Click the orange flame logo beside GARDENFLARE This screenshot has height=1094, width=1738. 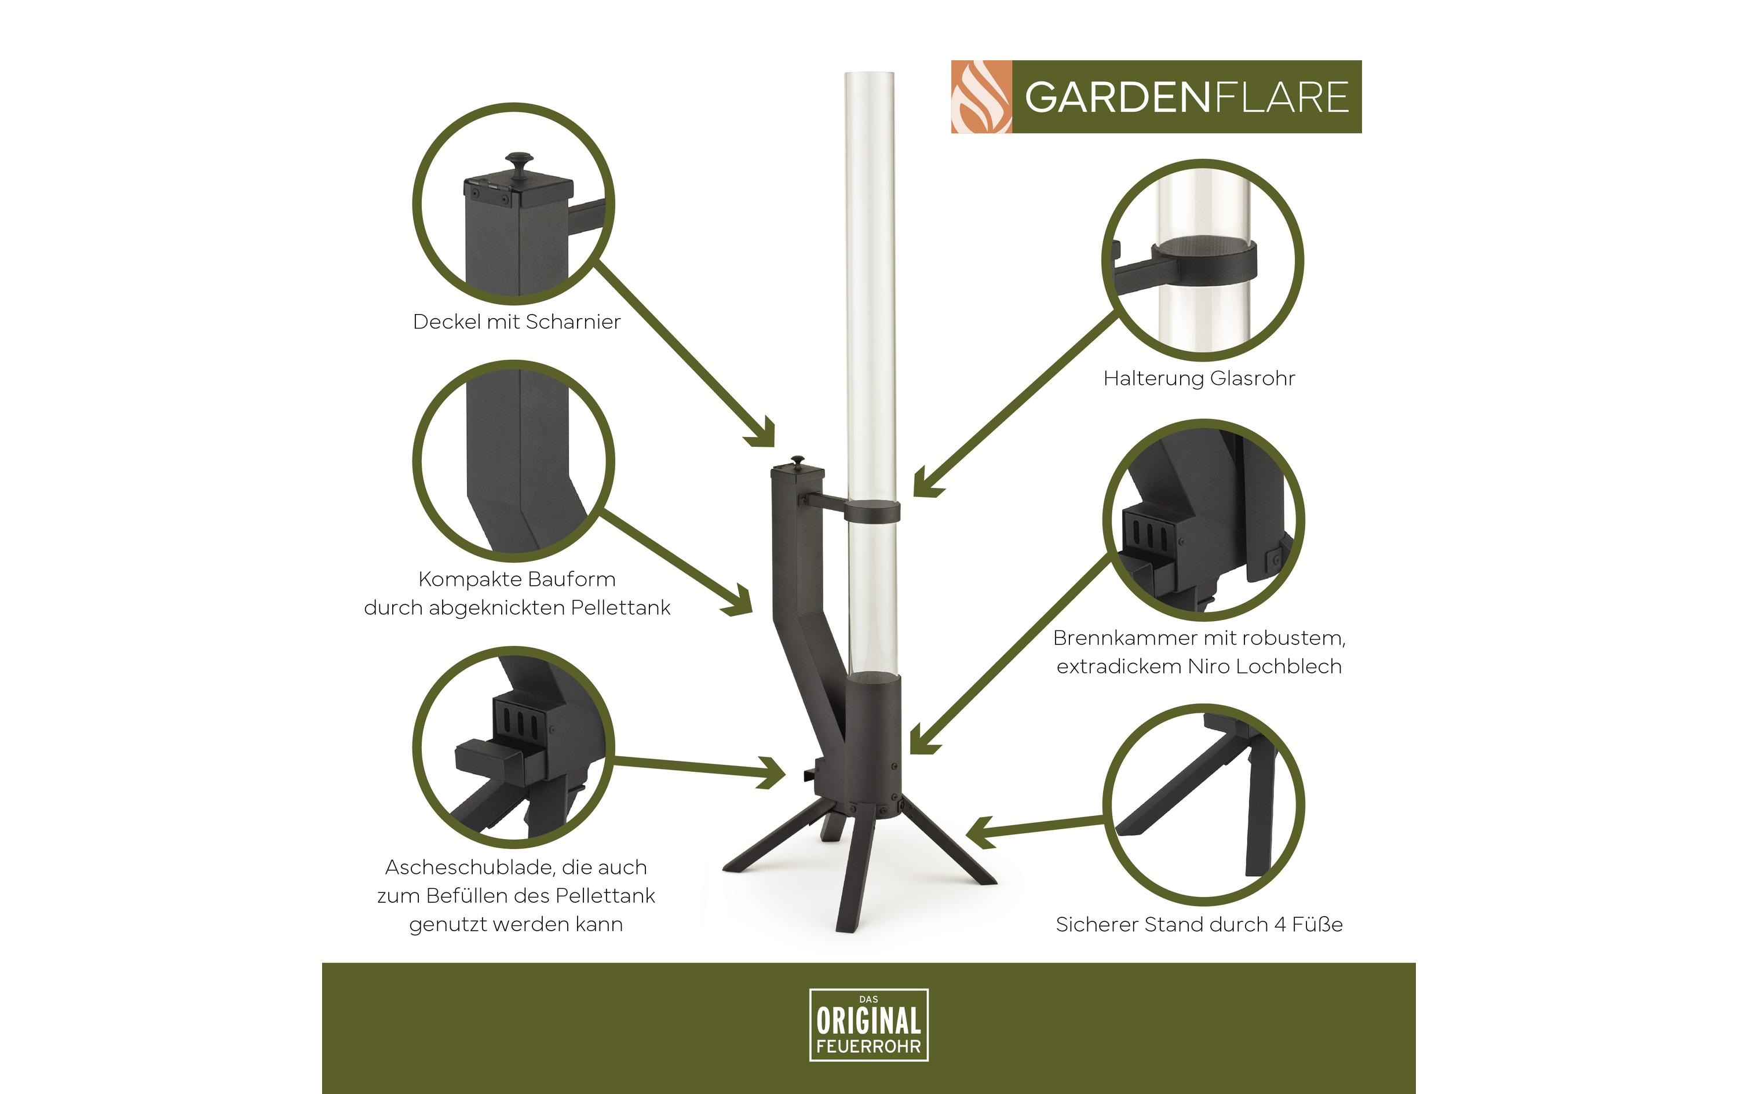pyautogui.click(x=981, y=97)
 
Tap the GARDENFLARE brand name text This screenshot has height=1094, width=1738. pyautogui.click(x=1186, y=97)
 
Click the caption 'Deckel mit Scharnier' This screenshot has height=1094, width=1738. pyautogui.click(x=516, y=322)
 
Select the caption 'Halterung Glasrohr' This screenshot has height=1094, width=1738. pyautogui.click(x=1199, y=378)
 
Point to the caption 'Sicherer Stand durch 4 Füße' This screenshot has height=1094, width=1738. pyautogui.click(x=1199, y=924)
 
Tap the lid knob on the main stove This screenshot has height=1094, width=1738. pyautogui.click(x=798, y=461)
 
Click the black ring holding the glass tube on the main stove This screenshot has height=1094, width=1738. pyautogui.click(x=873, y=512)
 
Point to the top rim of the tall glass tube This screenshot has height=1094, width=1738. pyautogui.click(x=870, y=74)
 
